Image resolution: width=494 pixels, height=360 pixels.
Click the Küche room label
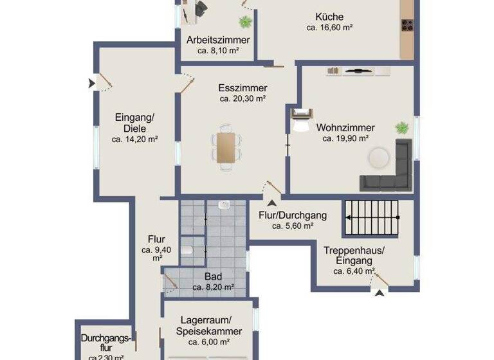pyautogui.click(x=329, y=17)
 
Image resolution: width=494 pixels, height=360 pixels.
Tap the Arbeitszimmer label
pyautogui.click(x=218, y=40)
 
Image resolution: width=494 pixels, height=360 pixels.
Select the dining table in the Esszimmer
pyautogui.click(x=226, y=147)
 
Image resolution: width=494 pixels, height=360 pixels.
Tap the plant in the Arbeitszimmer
pyautogui.click(x=245, y=22)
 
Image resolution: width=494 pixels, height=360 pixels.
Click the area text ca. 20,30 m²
pyautogui.click(x=242, y=99)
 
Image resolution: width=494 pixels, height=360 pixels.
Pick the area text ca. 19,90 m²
pyautogui.click(x=345, y=138)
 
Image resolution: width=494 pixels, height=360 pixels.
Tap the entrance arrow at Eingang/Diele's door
pyautogui.click(x=91, y=82)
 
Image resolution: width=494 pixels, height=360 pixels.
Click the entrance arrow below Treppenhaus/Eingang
pyautogui.click(x=380, y=293)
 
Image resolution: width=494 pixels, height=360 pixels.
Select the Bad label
pyautogui.click(x=213, y=276)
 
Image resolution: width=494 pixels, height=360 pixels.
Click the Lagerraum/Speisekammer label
pyautogui.click(x=208, y=326)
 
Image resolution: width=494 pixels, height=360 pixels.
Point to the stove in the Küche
pyautogui.click(x=407, y=26)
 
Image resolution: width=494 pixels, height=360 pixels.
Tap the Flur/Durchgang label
pyautogui.click(x=293, y=215)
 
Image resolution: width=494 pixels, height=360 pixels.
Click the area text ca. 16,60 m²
pyautogui.click(x=329, y=28)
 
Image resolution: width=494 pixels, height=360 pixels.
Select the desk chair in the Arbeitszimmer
pyautogui.click(x=201, y=7)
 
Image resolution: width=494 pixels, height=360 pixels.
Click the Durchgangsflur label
pyautogui.click(x=106, y=343)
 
